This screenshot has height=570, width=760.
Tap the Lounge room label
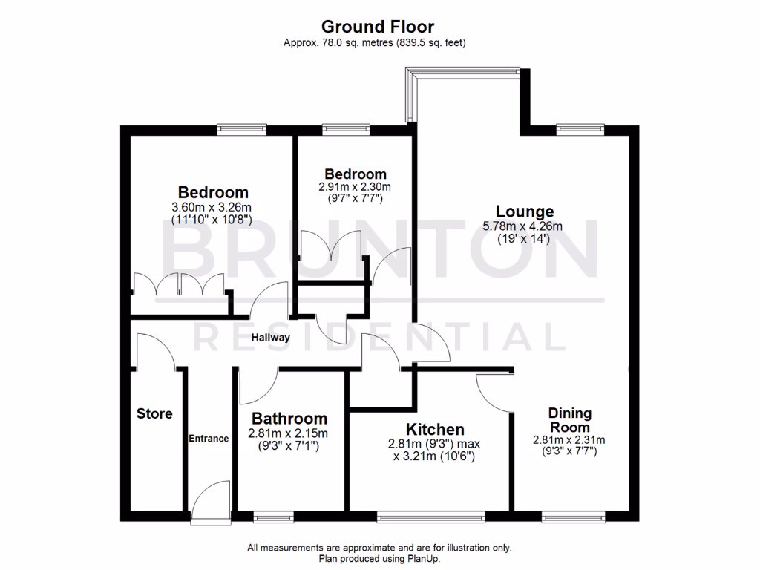525,212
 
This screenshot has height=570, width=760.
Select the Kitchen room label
435,429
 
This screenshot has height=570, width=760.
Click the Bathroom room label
289,419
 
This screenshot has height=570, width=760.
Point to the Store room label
154,413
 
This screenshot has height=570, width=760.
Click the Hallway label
270,338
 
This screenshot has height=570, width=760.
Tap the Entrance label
209,438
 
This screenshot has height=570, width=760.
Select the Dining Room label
569,420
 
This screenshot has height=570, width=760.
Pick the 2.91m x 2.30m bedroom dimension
354,187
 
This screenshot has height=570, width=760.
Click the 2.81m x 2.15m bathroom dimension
289,434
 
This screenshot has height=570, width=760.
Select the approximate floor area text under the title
374,43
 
